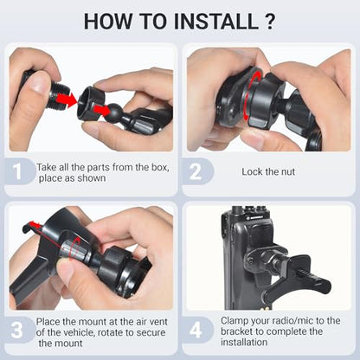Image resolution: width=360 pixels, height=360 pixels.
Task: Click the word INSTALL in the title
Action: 216,21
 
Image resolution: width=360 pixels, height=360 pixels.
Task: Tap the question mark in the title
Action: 269,21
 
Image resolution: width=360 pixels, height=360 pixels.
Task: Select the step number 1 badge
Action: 17,171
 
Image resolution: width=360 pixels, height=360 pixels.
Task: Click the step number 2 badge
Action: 196,171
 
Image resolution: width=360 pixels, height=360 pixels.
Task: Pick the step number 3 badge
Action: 17,330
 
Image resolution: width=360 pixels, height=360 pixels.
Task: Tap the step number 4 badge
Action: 196,330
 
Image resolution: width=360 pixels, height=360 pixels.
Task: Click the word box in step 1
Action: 160,167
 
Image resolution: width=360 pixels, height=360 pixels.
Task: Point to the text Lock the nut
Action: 268,172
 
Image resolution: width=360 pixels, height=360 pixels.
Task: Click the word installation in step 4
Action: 244,343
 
